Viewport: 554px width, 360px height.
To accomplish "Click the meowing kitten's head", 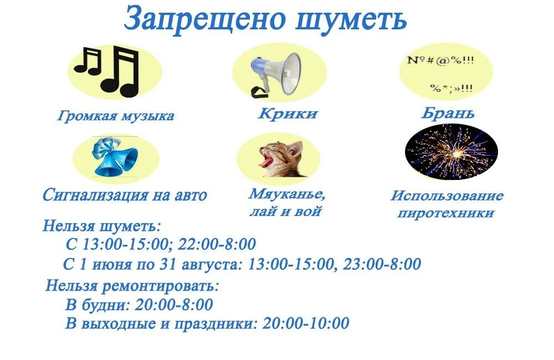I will [283, 158].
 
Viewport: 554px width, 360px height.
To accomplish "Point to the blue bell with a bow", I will [116, 157].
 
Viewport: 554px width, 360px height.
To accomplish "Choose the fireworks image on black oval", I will [452, 152].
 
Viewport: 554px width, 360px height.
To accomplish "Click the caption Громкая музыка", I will [116, 116].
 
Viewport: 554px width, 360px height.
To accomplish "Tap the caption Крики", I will [288, 114].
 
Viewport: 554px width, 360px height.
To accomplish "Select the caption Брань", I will [448, 114].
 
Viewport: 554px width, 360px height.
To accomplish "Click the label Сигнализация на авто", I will [125, 195].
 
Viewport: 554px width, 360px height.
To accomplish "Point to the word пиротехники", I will [445, 213].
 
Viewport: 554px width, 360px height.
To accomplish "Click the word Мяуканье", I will [286, 194].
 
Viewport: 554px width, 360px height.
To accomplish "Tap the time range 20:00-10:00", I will [306, 323].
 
